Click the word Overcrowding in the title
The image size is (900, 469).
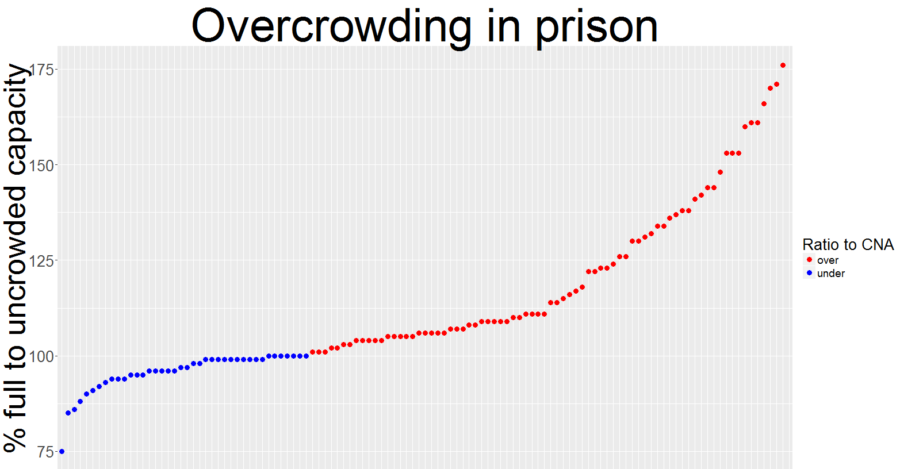click(x=331, y=26)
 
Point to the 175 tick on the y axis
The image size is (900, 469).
click(x=41, y=70)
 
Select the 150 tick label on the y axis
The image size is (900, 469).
click(x=41, y=165)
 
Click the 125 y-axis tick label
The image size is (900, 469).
click(x=41, y=260)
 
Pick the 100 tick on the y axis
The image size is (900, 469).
click(x=41, y=356)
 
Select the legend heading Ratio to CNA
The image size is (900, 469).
click(x=848, y=245)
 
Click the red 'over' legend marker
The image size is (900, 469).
click(x=810, y=260)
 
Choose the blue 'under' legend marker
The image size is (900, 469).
click(x=810, y=273)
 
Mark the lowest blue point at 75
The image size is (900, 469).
click(x=62, y=452)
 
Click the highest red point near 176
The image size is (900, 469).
click(x=783, y=66)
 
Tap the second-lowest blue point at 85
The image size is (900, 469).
click(x=68, y=413)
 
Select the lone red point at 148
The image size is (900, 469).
click(x=720, y=172)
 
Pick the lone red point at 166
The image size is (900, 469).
click(x=764, y=104)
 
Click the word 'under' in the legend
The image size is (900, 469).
click(x=830, y=274)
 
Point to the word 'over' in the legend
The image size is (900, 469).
click(x=828, y=260)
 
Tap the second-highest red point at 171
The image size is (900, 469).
click(x=776, y=84)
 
